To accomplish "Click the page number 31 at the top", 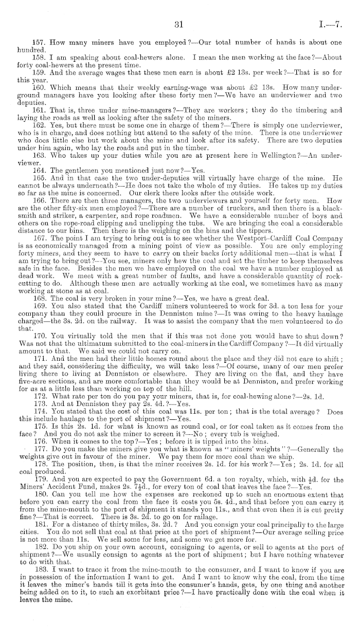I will click(x=179, y=23).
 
